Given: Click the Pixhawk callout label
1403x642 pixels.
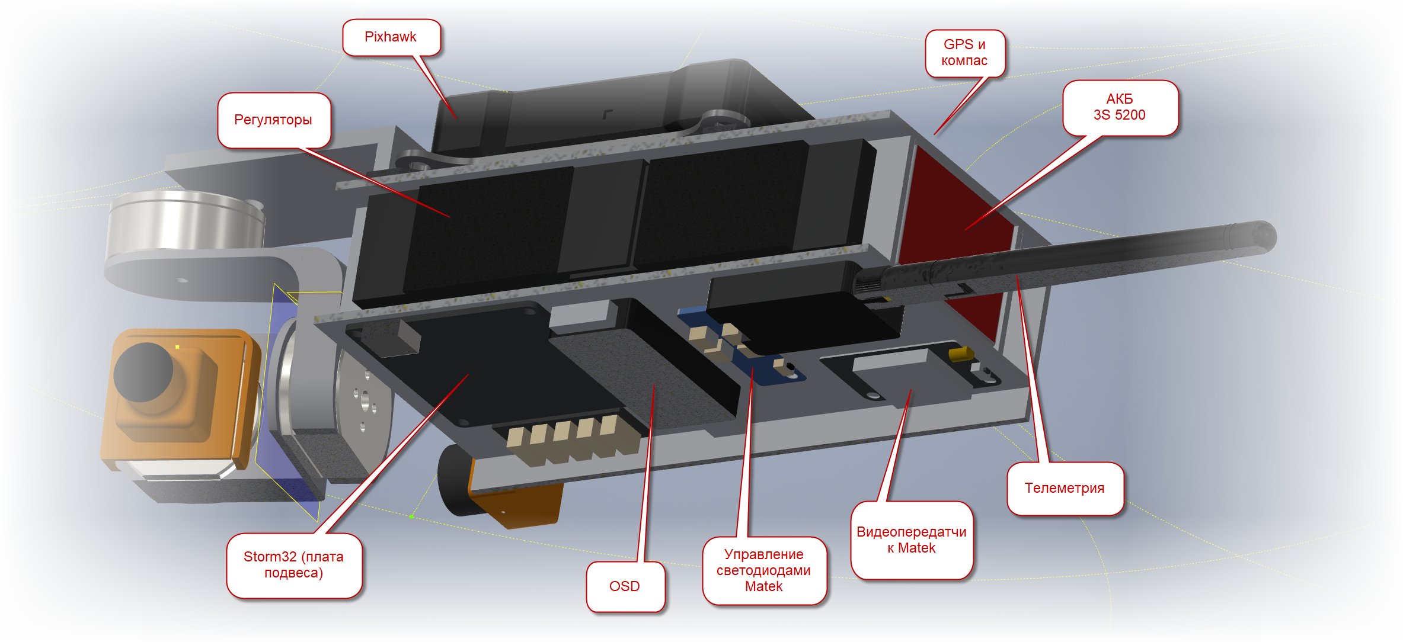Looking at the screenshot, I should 391,37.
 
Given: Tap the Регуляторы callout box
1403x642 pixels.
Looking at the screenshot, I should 273,120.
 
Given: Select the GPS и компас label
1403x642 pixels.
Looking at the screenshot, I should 964,53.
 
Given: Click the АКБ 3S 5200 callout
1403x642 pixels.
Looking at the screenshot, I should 1119,107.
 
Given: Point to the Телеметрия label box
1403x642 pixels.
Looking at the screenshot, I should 1065,488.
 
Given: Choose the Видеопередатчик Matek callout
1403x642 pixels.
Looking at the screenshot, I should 911,540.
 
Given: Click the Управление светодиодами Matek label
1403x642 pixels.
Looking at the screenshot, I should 763,570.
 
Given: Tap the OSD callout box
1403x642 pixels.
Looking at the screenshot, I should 625,586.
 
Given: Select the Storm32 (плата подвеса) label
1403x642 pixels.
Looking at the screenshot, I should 293,565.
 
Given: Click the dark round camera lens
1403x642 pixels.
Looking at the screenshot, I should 143,372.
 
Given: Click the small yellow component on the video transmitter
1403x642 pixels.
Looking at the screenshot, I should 960,354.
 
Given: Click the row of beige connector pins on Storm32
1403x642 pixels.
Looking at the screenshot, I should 563,435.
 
